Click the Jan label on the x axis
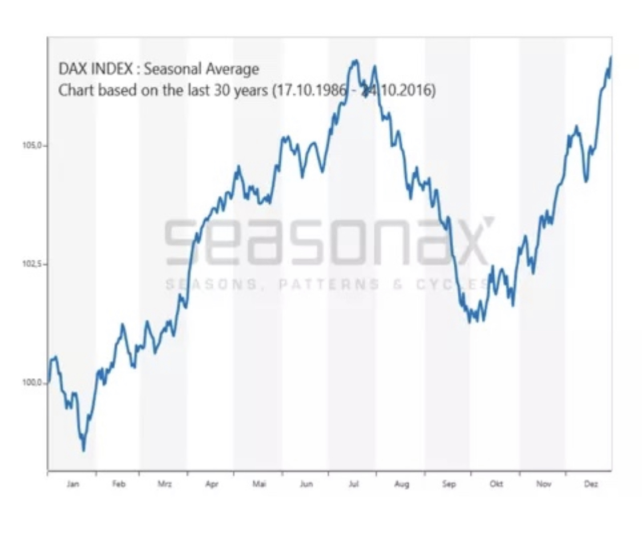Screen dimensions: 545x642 (72, 485)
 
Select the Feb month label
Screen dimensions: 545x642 (118, 485)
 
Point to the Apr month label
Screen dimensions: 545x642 (212, 485)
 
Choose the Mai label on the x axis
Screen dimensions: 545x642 (259, 485)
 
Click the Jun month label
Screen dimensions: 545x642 (306, 485)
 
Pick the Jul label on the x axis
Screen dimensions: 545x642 (353, 485)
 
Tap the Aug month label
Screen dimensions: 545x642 (401, 485)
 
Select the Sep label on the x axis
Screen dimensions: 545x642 (449, 485)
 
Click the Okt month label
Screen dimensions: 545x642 (496, 485)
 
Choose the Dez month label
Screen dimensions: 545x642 (591, 485)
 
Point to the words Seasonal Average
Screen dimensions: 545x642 (201, 69)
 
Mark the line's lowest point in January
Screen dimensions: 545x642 (84, 450)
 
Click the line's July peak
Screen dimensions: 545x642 (355, 60)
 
